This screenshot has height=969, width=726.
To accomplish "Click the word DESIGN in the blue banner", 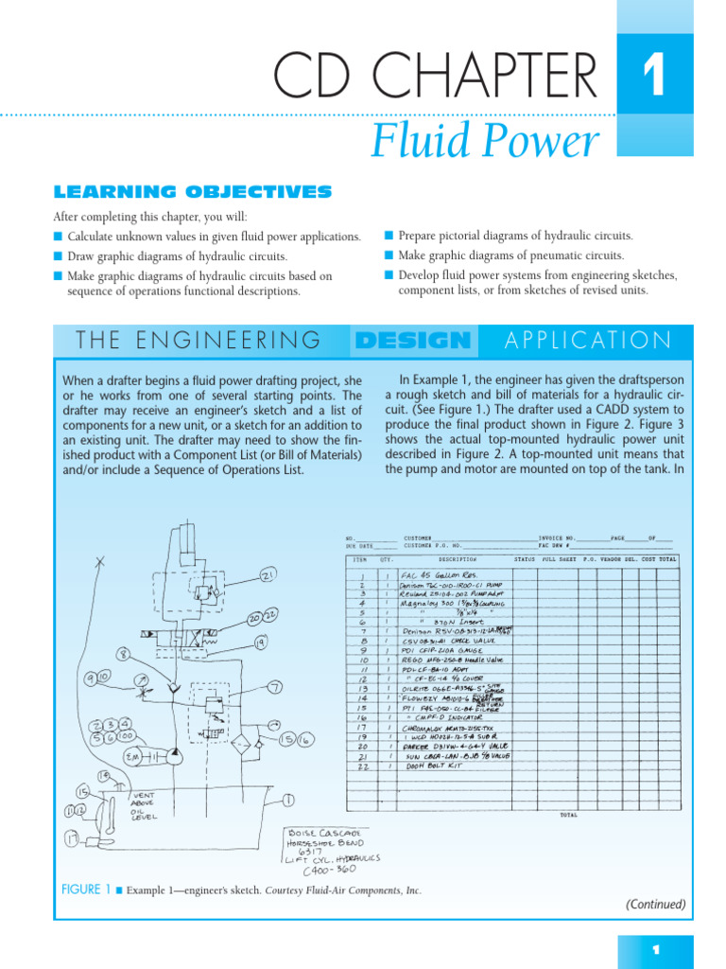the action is [414, 341].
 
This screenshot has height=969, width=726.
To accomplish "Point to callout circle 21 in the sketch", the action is [268, 576].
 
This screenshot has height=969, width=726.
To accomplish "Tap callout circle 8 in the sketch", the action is [123, 654].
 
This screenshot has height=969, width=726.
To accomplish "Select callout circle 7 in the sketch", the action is [274, 688].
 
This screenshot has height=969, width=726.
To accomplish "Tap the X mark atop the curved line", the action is [100, 562].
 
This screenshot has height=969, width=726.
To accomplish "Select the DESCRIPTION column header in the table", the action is [458, 559].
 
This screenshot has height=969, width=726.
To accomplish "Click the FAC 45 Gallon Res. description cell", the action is [440, 574].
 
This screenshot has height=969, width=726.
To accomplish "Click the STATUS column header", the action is [525, 559].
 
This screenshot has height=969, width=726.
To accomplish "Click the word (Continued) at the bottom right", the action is [655, 904].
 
